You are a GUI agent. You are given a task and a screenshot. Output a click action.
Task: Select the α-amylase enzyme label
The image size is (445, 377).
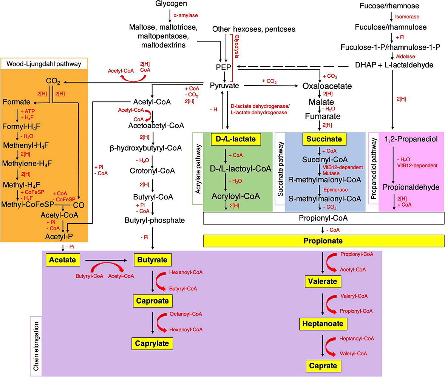click(x=186, y=15)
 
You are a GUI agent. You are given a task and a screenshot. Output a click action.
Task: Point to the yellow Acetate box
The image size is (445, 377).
click(x=63, y=259)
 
